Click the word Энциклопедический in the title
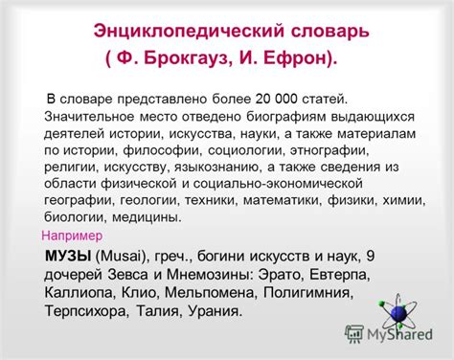(x=189, y=32)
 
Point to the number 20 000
(x=276, y=99)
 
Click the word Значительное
(x=89, y=117)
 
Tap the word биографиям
(x=285, y=117)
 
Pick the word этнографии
(x=329, y=150)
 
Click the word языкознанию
(x=217, y=168)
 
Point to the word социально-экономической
(x=278, y=184)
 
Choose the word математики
(x=283, y=201)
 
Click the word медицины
(x=147, y=217)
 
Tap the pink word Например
(x=72, y=236)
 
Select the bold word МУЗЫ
(x=68, y=256)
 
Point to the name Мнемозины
(x=210, y=275)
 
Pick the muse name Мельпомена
(x=211, y=293)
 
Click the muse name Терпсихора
(x=86, y=311)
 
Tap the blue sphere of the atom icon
(x=398, y=313)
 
